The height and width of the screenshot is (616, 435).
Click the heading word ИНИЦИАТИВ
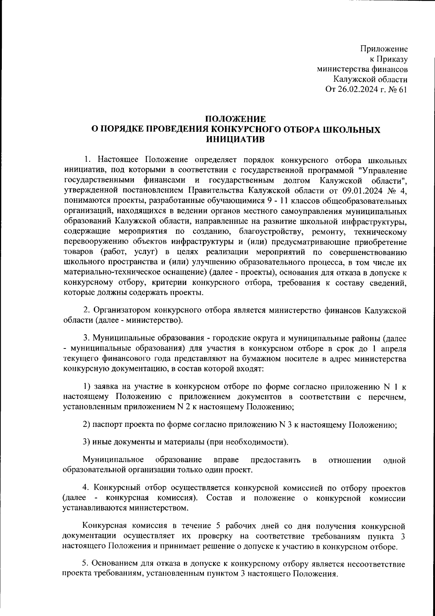236,139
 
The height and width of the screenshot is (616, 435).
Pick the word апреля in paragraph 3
391,349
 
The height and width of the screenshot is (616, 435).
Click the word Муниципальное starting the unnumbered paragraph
113,460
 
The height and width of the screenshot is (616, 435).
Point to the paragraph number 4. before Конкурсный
86,488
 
